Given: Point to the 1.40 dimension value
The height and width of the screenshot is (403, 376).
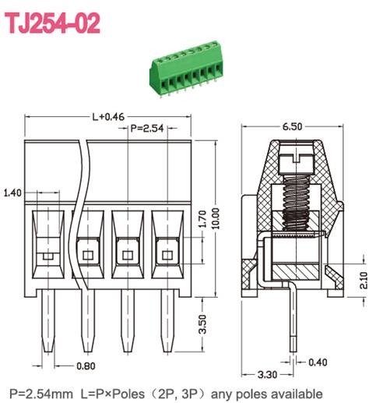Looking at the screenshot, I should (x=13, y=192).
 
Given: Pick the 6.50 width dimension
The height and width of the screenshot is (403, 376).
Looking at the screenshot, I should (x=293, y=125).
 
